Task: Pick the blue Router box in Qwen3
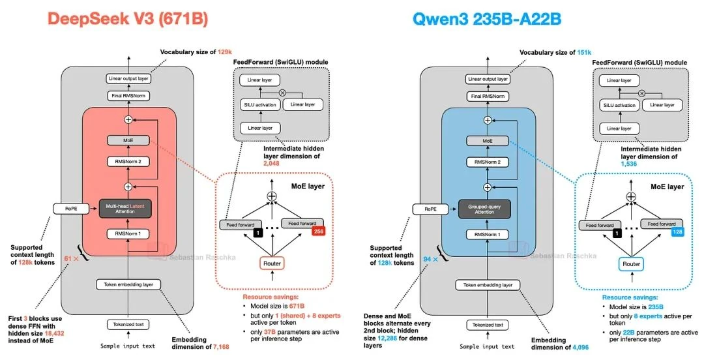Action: coord(630,263)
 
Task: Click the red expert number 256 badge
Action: coord(319,231)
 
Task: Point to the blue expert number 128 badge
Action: coord(677,232)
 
